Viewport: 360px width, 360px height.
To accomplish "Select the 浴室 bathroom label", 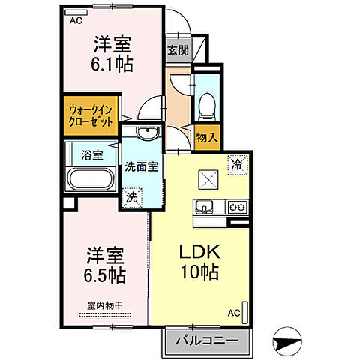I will click(x=91, y=155).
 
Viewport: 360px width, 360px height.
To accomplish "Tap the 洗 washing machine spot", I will click(x=131, y=198).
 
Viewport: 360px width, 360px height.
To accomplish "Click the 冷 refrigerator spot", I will click(x=235, y=163).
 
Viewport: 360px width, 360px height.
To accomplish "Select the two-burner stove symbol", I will click(x=237, y=208).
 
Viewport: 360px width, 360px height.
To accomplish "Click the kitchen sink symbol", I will click(x=204, y=208).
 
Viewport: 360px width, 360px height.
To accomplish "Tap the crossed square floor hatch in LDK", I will click(x=206, y=181).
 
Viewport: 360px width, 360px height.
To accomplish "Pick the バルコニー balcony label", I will click(x=207, y=340).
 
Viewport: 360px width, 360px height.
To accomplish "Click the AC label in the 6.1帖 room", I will click(x=76, y=22).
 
